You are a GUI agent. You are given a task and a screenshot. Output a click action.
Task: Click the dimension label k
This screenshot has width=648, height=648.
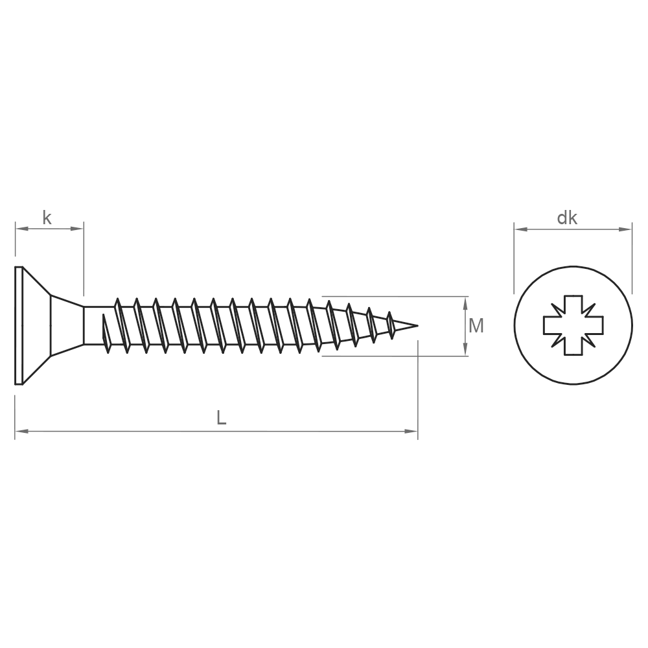(47, 217)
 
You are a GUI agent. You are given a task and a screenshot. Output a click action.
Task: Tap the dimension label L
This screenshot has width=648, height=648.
(222, 418)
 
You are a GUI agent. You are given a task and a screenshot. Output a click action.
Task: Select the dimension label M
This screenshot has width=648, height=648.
(476, 326)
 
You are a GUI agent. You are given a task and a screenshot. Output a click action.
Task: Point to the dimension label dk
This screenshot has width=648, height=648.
(567, 218)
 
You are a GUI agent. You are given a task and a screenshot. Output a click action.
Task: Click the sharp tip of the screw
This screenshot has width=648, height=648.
(418, 326)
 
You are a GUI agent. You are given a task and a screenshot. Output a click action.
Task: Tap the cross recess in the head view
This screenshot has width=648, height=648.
(573, 325)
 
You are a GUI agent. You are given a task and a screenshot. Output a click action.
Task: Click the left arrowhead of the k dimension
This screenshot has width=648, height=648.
(21, 229)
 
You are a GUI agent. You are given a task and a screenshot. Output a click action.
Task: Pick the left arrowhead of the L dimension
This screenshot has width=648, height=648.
(21, 431)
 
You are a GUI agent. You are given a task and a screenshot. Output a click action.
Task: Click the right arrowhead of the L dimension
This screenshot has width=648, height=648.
(411, 431)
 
